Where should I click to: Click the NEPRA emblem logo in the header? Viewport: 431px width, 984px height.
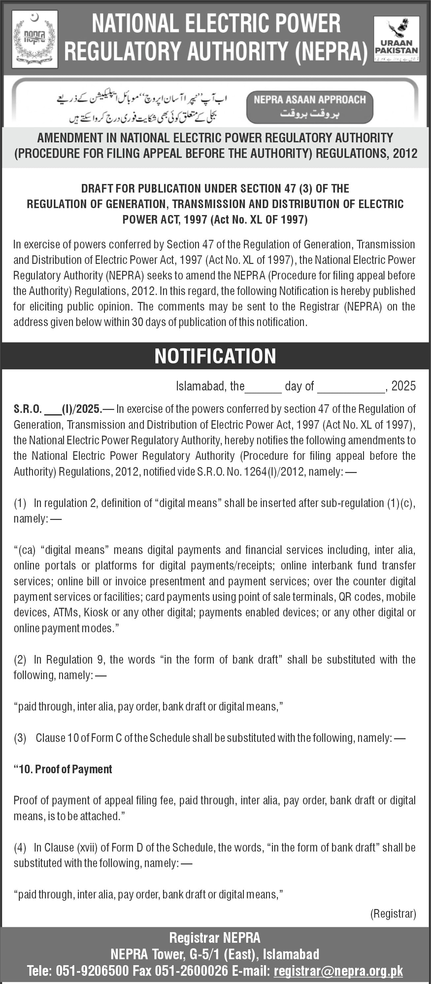pos(35,39)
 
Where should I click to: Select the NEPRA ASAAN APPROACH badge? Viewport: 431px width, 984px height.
pos(310,107)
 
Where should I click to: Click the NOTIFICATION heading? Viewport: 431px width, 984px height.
pos(215,356)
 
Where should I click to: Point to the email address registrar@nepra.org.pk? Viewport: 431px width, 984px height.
pos(338,971)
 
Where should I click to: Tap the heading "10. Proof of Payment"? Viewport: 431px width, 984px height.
pos(63,769)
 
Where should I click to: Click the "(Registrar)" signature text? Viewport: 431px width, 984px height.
pos(393,913)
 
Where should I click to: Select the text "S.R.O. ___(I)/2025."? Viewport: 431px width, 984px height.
pos(58,409)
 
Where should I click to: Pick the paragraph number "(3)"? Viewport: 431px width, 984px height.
pos(20,738)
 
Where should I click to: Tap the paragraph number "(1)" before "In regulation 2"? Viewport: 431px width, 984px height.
pos(20,503)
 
